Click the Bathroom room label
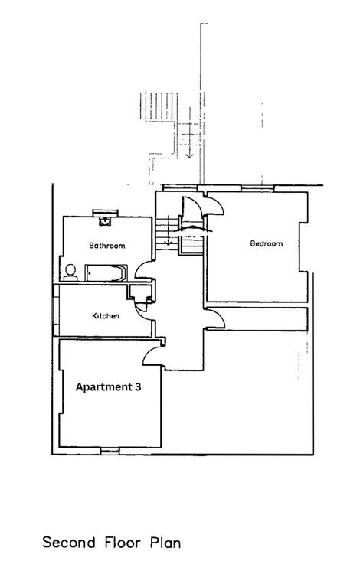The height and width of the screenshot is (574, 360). click(107, 245)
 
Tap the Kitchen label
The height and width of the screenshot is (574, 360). click(106, 315)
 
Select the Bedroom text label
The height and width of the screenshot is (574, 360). click(267, 243)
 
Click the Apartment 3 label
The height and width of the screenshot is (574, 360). click(108, 387)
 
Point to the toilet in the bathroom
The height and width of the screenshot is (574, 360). click(70, 272)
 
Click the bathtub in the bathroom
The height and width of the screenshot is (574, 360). click(106, 272)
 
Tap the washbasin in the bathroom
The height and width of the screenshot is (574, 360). click(105, 221)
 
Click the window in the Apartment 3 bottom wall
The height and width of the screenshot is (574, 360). click(110, 450)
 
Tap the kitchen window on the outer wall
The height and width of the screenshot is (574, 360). click(56, 309)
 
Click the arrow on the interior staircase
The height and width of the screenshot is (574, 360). click(168, 230)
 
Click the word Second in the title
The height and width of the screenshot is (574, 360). click(69, 542)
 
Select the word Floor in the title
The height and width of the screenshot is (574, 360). click(123, 542)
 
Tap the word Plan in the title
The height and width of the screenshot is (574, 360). click(165, 543)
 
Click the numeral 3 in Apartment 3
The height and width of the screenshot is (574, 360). click(137, 386)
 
